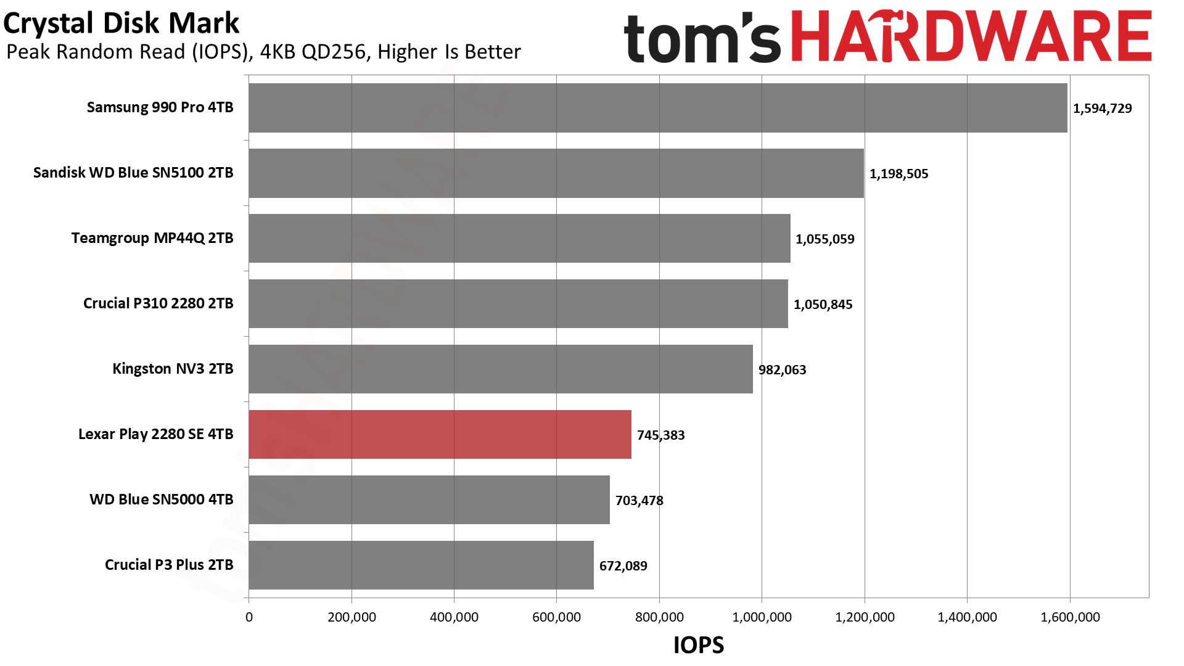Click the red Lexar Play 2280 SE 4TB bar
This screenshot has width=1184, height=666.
point(440,434)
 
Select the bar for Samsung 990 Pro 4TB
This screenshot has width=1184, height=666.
point(657,108)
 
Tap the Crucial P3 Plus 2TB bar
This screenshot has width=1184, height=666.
point(421,565)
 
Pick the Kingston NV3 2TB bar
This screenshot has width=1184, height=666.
point(500,369)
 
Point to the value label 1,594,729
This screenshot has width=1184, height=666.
point(1102,109)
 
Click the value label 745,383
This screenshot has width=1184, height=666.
point(660,435)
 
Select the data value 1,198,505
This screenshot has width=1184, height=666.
point(898,174)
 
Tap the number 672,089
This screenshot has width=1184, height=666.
point(623,566)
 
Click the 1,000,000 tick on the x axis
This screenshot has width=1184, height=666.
point(762,617)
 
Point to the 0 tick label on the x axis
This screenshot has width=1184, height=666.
point(249,617)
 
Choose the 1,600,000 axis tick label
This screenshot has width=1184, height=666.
point(1070,617)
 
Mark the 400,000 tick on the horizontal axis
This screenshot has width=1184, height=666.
point(454,617)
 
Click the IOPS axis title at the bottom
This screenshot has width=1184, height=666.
point(698,645)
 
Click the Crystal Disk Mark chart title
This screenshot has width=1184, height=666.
point(121,23)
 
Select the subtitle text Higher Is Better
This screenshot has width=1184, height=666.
point(449,52)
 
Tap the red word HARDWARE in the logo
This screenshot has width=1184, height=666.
point(971,37)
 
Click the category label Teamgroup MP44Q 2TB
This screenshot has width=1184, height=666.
point(152,238)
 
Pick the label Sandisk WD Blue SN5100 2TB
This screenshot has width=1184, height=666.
point(133,173)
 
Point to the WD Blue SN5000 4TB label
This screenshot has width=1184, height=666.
point(161,499)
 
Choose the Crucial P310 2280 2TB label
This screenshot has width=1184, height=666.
point(158,303)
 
